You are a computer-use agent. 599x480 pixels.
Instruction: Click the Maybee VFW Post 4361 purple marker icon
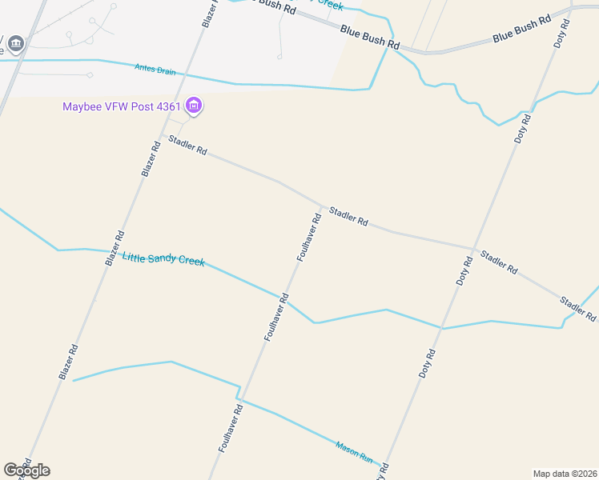[x=193, y=105]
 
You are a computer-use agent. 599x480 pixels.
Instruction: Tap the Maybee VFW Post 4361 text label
[x=123, y=106]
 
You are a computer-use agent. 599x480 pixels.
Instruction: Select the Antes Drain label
[x=155, y=70]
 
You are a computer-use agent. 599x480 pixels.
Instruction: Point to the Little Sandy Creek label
[x=163, y=259]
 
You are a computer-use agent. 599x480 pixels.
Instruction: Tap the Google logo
[x=26, y=470]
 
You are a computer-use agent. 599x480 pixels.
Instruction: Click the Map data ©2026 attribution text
[x=565, y=473]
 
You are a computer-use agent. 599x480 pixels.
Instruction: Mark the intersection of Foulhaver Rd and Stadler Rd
[x=323, y=206]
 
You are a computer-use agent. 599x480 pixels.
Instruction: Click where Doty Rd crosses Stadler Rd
[x=474, y=249]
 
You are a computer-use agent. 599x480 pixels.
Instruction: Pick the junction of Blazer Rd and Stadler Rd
[x=163, y=136]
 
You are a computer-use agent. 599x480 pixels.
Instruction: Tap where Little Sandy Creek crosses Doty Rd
[x=441, y=327]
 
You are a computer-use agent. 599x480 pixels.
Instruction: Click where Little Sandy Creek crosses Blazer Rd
[x=109, y=251]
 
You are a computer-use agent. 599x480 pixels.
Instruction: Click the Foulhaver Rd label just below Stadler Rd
[x=309, y=237]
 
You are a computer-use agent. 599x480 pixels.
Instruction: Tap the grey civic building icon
[x=16, y=42]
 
